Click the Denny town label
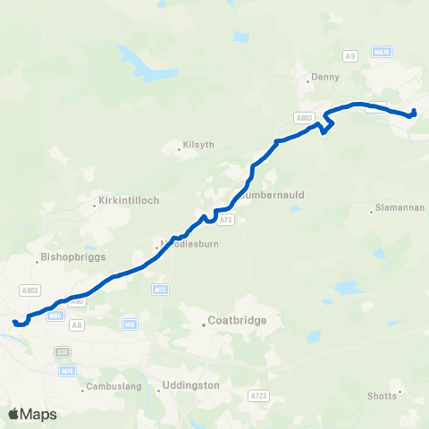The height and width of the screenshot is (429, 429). pyautogui.click(x=324, y=78)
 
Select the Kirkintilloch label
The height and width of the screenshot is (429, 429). pyautogui.click(x=130, y=200)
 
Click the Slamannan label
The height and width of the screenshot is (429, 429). pyautogui.click(x=399, y=211)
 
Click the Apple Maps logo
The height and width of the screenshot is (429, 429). pyautogui.click(x=32, y=414)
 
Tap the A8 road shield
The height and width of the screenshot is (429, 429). pyautogui.click(x=77, y=325)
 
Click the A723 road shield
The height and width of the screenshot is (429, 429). pyautogui.click(x=259, y=394)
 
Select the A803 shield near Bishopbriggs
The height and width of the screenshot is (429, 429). pyautogui.click(x=29, y=290)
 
